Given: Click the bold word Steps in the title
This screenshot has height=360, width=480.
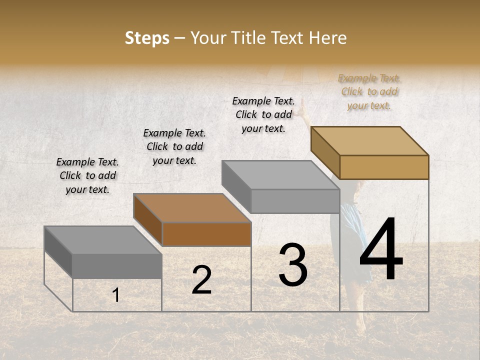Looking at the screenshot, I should tap(147, 38).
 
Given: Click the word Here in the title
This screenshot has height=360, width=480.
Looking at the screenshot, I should tap(327, 38).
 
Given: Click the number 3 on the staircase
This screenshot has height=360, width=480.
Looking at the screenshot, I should tap(293, 265).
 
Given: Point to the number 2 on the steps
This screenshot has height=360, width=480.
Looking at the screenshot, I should tap(201, 280).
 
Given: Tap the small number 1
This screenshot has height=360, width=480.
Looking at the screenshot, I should tap(116, 295).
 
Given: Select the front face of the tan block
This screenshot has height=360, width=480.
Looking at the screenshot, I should tap(384, 167).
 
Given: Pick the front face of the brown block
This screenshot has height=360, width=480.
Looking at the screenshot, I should tap(206, 234).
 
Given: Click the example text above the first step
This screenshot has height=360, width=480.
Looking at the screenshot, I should tap(87, 175).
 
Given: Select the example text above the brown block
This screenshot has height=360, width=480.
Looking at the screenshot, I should tap(174, 146).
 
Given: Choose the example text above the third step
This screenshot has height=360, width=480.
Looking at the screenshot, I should tap(263, 114).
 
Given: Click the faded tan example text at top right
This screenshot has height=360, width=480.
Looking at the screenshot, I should tap(369, 91).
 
